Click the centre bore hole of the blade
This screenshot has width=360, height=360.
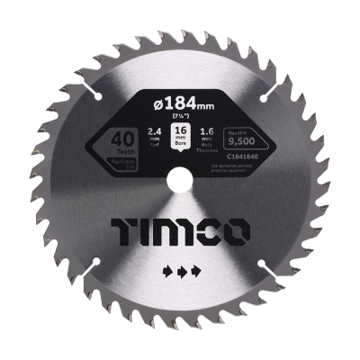point(180,179)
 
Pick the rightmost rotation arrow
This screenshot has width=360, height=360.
point(196,270)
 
